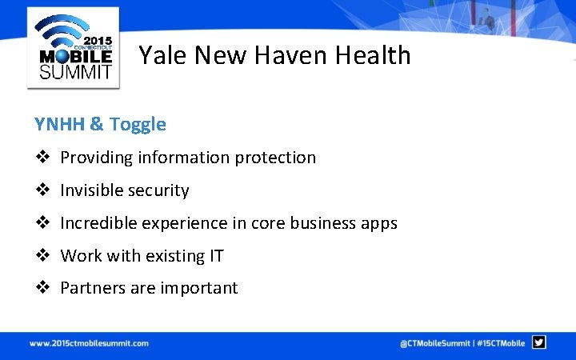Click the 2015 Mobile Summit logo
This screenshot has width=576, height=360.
tap(73, 47)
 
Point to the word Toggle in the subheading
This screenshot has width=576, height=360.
tap(138, 124)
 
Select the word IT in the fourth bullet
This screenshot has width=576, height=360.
tap(216, 256)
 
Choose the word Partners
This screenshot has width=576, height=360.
tap(91, 288)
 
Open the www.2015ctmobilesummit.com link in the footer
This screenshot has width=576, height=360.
tap(89, 343)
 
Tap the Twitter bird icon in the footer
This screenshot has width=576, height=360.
tap(539, 342)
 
